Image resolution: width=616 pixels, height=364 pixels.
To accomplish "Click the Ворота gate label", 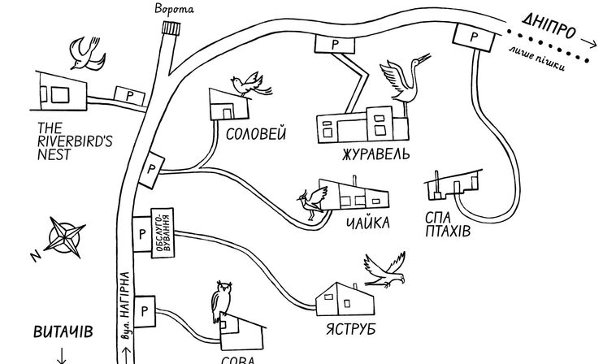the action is [174, 9].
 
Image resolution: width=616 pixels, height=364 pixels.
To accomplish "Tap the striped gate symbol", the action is [171, 28].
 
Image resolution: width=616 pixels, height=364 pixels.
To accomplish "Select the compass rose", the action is [64, 237].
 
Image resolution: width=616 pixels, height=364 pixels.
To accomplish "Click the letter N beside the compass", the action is [36, 256].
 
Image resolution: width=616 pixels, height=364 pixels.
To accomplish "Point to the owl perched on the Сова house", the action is [222, 301].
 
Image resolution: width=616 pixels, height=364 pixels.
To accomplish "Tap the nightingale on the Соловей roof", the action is [250, 84].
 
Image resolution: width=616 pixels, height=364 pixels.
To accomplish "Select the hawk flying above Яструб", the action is [384, 270].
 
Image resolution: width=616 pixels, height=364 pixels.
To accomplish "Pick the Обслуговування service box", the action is [163, 233].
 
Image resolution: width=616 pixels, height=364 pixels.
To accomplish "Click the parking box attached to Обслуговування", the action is [142, 234].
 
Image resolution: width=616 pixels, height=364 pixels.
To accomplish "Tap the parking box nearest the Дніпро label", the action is [474, 37].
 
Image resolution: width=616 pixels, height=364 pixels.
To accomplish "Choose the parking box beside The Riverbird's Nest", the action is [130, 96].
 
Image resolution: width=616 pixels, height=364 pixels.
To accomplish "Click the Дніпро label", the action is [549, 27].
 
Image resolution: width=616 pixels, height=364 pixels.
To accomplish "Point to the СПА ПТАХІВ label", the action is [448, 224].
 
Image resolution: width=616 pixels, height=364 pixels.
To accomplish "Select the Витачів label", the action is [63, 331].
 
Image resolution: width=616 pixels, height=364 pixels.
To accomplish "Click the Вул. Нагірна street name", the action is [125, 305].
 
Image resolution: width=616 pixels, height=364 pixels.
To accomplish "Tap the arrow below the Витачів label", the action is [62, 355].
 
